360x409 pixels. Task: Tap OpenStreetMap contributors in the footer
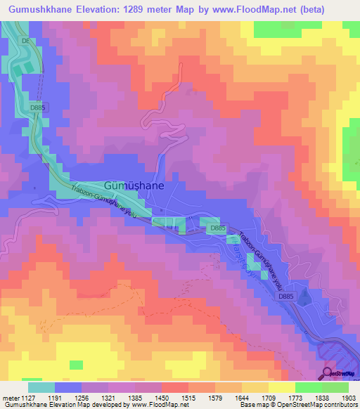[321, 405]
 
